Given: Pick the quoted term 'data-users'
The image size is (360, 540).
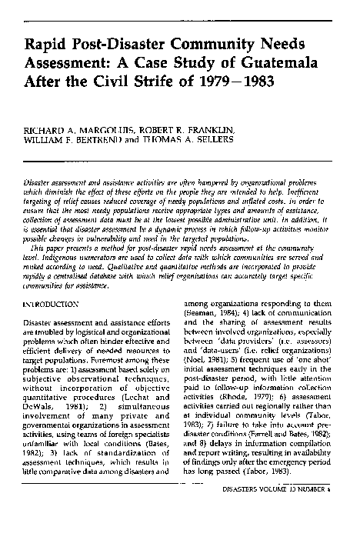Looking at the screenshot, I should [218, 348].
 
